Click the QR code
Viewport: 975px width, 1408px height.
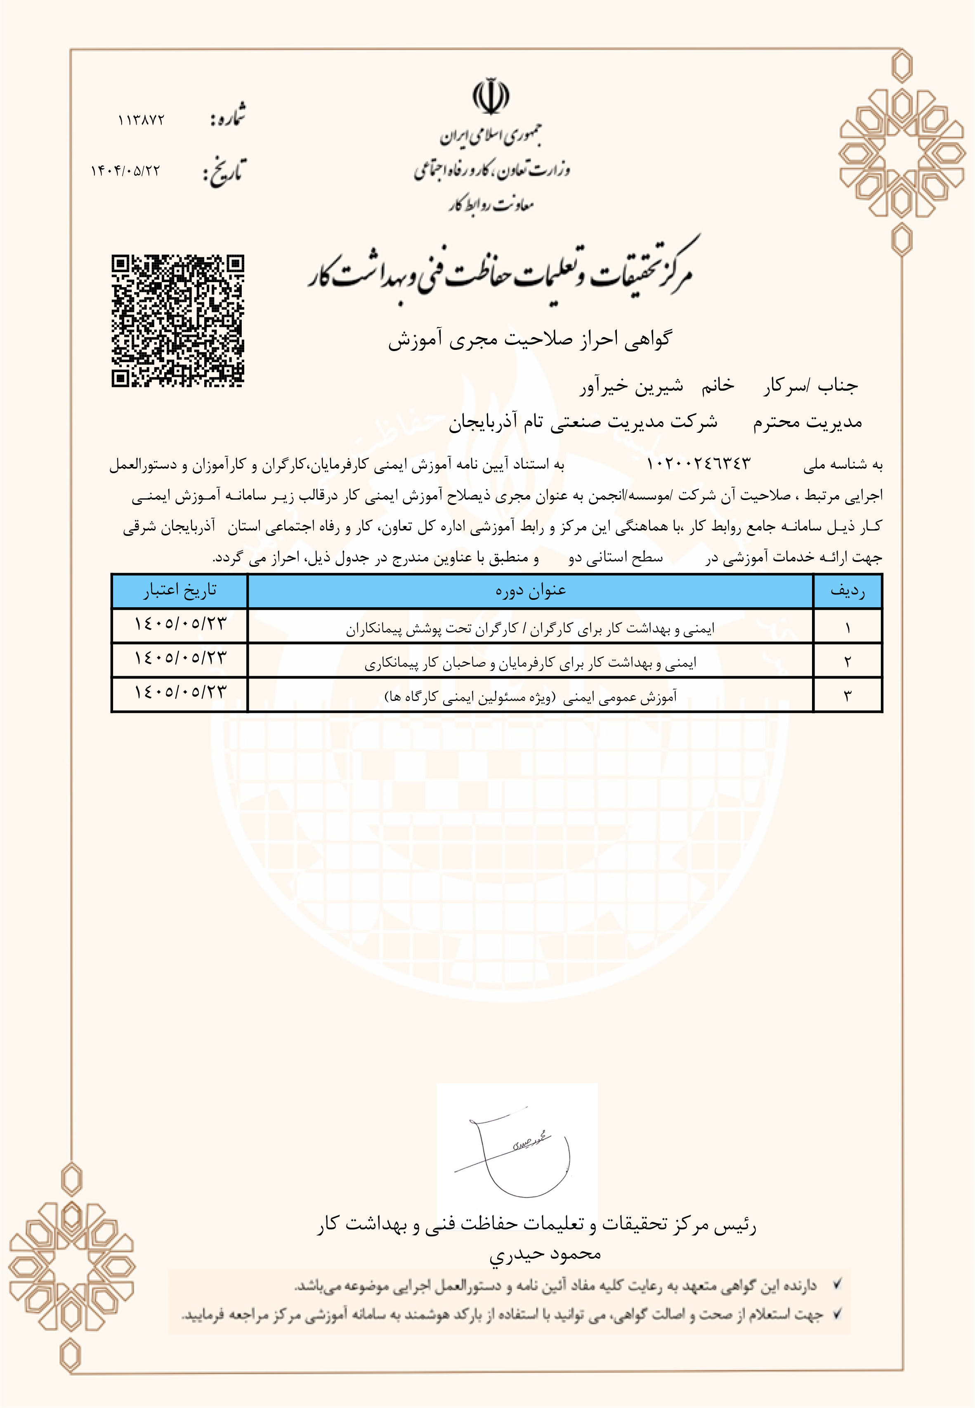178,321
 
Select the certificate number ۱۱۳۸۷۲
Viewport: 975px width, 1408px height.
141,120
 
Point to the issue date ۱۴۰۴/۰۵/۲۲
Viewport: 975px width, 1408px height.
126,170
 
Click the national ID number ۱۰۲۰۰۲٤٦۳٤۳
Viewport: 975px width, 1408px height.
698,464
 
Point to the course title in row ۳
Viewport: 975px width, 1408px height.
530,696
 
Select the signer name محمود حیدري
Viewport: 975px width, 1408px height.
545,1254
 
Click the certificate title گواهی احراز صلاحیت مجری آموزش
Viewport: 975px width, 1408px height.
530,339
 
